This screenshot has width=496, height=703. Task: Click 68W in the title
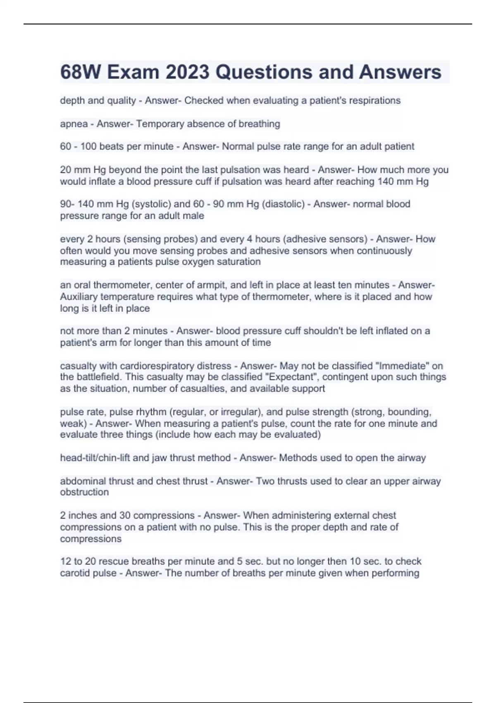pos(81,72)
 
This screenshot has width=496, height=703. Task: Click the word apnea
pos(74,124)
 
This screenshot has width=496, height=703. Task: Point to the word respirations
pos(375,100)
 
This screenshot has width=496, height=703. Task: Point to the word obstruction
pos(84,492)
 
